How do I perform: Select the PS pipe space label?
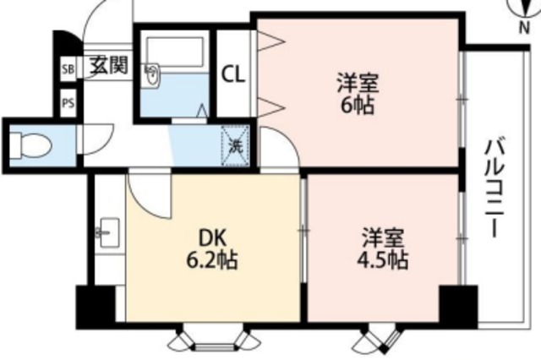pyautogui.click(x=66, y=104)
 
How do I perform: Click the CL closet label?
pyautogui.click(x=233, y=74)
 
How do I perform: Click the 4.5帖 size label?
pyautogui.click(x=382, y=259)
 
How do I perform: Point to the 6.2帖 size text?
pyautogui.click(x=211, y=260)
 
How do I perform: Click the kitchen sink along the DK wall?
pyautogui.click(x=108, y=230)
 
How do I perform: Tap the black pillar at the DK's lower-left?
pyautogui.click(x=94, y=308)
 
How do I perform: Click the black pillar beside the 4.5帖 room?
pyautogui.click(x=457, y=305)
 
